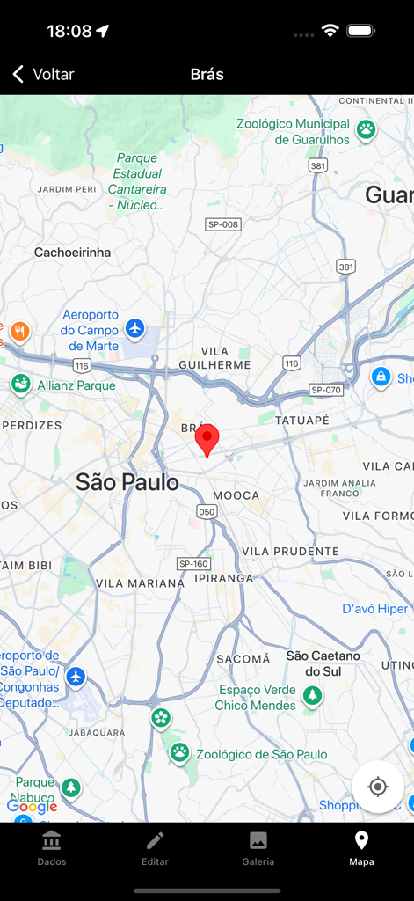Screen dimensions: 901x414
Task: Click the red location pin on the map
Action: coord(207,438)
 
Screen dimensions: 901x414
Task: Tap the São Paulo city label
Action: coord(127,482)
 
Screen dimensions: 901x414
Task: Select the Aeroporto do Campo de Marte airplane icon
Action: coord(134,328)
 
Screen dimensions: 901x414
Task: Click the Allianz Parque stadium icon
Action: coord(21,385)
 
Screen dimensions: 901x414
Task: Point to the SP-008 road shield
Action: coord(223,224)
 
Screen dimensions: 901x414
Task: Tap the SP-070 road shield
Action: coord(326,389)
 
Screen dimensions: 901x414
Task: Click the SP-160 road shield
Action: coord(193,563)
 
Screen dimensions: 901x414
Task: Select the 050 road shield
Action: coord(207,511)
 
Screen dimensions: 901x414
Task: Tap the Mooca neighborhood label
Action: coord(236,495)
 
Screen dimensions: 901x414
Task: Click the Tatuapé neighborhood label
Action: coord(301,421)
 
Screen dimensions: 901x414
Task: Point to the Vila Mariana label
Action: coord(140,582)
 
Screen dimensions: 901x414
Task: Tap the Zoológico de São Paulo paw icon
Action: coord(180,752)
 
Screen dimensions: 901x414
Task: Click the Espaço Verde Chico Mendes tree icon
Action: coord(312,696)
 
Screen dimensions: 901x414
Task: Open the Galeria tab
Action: coord(258,848)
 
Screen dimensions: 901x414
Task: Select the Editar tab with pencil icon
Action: coord(155,848)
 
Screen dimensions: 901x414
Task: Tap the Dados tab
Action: coord(52,848)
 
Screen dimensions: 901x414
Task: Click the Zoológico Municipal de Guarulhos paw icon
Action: coord(366,130)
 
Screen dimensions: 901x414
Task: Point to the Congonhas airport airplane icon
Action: coord(76,677)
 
